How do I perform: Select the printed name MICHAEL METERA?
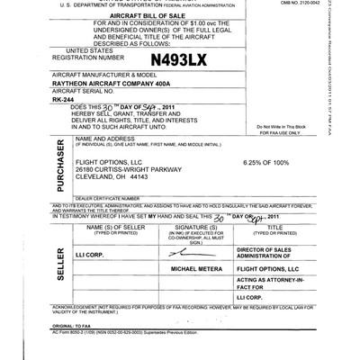(180, 268)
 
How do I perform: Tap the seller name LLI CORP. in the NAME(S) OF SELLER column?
(91, 255)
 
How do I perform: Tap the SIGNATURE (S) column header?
(180, 228)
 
